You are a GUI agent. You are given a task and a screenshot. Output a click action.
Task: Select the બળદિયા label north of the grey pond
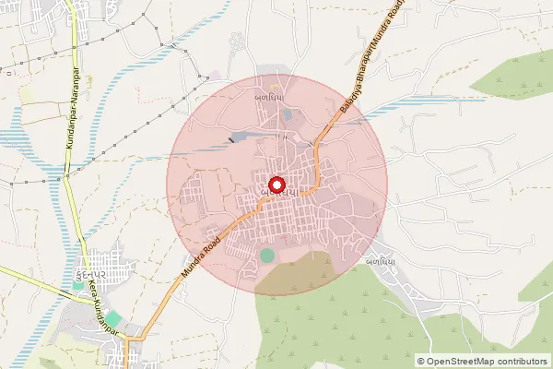tap(268, 95)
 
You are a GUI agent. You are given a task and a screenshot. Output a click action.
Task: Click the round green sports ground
tap(267, 255)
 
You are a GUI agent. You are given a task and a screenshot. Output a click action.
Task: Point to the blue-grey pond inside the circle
tap(241, 137)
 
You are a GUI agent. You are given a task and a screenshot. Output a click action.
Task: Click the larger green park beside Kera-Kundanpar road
tap(112, 318)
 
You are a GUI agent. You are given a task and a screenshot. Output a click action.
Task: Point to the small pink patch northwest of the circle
tap(216, 74)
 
